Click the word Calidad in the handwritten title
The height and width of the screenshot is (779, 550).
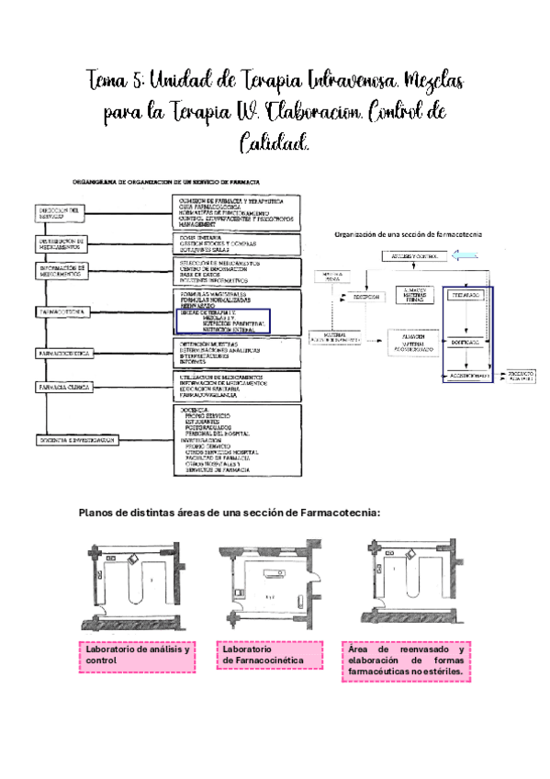tap(274, 143)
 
